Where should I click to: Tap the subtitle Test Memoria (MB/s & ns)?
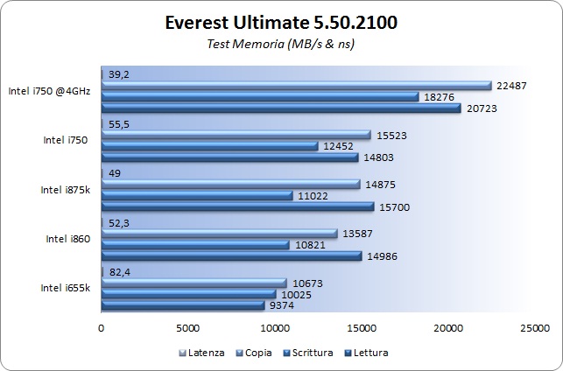pyautogui.click(x=281, y=43)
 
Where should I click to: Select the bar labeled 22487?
pyautogui.click(x=296, y=85)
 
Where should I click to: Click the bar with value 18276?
pyautogui.click(x=260, y=96)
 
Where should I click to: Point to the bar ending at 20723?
pyautogui.click(x=280, y=108)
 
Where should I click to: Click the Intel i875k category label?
pyautogui.click(x=65, y=189)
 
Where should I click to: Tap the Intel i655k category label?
pyautogui.click(x=65, y=288)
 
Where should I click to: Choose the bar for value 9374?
pyautogui.click(x=182, y=305)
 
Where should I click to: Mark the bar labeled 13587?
pyautogui.click(x=219, y=233)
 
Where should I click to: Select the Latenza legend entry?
pyautogui.click(x=202, y=353)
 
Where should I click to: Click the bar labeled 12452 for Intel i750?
pyautogui.click(x=209, y=146)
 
